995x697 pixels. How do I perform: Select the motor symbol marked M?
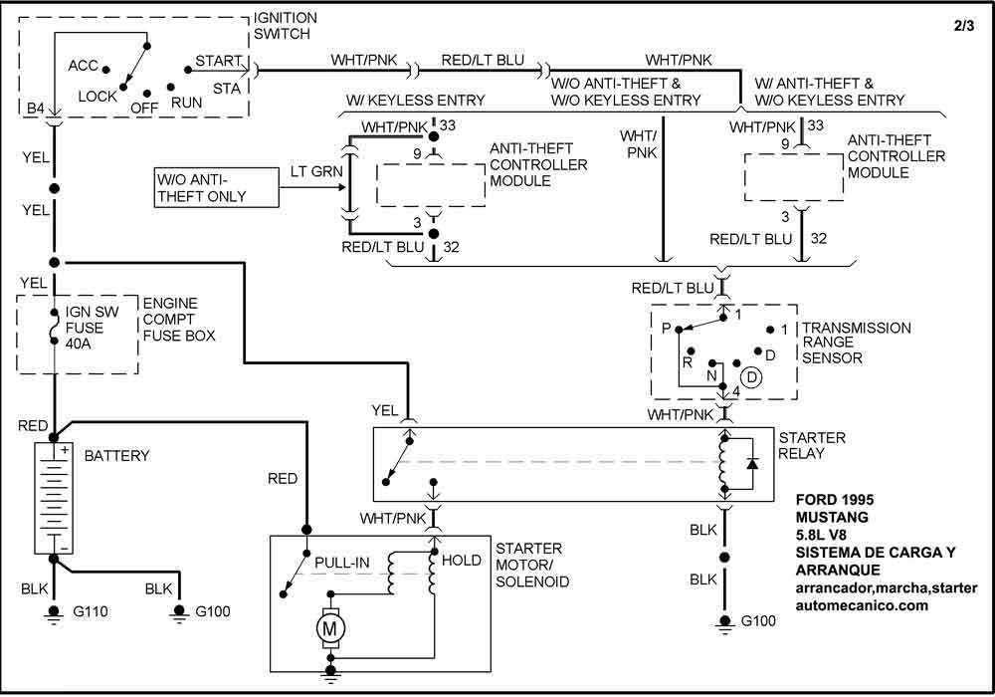tap(327, 627)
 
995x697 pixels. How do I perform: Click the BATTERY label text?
tap(116, 456)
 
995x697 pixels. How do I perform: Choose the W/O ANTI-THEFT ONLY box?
tap(213, 187)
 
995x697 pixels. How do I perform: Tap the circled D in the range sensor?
tap(749, 378)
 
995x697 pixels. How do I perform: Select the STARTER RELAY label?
tap(812, 446)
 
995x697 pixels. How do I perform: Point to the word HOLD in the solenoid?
tap(461, 561)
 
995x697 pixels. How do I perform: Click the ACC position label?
tap(84, 66)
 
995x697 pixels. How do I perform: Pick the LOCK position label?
tap(99, 96)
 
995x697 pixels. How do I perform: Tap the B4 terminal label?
tap(36, 107)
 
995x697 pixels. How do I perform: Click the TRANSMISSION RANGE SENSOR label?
tap(856, 342)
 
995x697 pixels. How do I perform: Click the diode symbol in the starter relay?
tap(753, 465)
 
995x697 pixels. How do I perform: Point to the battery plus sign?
tap(65, 450)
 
